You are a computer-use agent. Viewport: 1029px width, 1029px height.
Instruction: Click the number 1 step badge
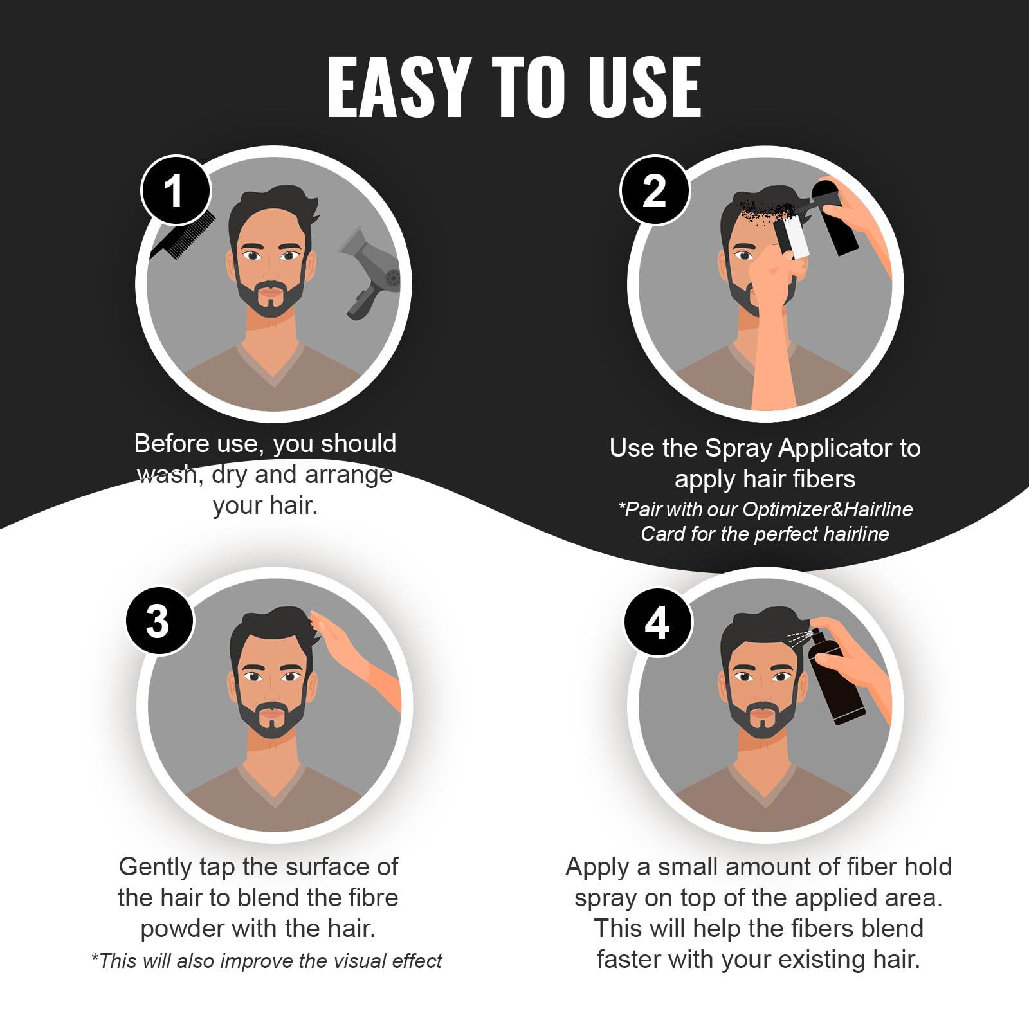176,190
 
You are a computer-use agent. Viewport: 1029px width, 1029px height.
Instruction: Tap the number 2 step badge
655,190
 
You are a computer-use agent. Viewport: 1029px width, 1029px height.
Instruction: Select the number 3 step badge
159,621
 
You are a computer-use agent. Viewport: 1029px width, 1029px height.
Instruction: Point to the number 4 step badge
658,622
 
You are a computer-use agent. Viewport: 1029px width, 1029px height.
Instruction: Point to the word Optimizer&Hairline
827,509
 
